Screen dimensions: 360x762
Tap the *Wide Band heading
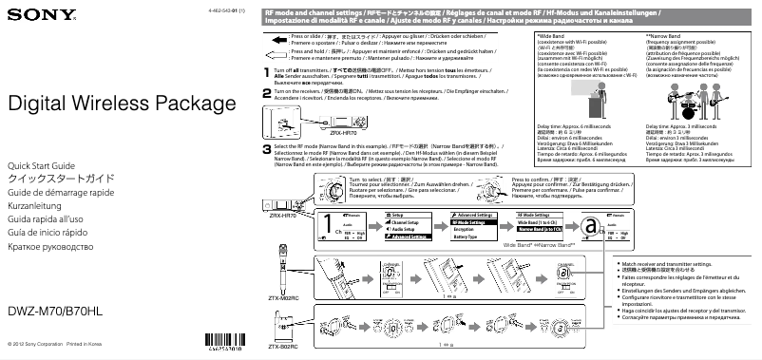coord(542,35)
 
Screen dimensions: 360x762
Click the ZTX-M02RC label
coord(281,298)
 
